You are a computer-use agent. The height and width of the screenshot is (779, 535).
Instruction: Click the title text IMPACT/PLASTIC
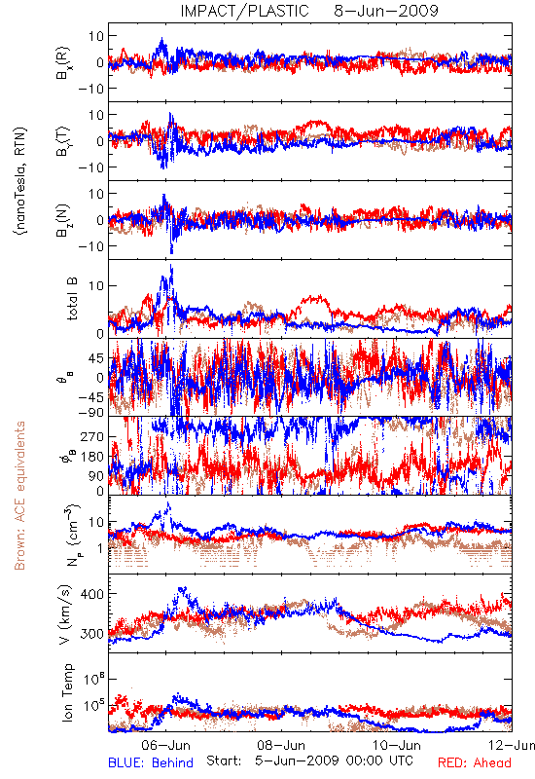(x=244, y=11)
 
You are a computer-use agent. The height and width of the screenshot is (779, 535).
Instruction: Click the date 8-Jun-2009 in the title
(x=386, y=11)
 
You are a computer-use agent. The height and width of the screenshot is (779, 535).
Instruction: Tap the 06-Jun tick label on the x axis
(x=165, y=745)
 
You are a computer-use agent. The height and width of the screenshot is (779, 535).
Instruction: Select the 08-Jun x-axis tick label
(x=281, y=745)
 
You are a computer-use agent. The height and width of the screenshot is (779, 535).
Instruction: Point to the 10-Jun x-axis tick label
(x=397, y=745)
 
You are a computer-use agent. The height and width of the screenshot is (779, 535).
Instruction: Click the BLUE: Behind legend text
(x=151, y=762)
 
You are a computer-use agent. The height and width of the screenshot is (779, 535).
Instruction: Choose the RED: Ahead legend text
(x=475, y=762)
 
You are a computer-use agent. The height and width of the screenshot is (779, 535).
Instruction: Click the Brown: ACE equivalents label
(x=19, y=496)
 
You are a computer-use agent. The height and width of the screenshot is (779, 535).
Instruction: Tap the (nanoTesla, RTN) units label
(x=20, y=181)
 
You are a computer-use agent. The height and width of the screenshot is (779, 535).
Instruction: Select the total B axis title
(x=72, y=299)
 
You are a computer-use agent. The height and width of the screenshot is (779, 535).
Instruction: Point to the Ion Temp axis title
(x=67, y=692)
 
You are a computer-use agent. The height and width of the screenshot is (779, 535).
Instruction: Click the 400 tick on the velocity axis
(x=91, y=594)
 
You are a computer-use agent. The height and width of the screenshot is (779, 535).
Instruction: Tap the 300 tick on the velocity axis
(x=91, y=634)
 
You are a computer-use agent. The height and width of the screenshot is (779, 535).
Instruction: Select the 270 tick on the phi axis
(x=92, y=436)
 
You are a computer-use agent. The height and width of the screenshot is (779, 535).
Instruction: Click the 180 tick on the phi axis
(x=92, y=457)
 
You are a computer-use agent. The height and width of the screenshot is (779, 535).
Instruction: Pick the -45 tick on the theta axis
(x=90, y=397)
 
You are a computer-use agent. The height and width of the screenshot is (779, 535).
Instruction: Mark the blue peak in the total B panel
(x=171, y=266)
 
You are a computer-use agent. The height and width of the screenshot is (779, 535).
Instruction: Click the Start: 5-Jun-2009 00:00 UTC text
(x=309, y=761)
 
